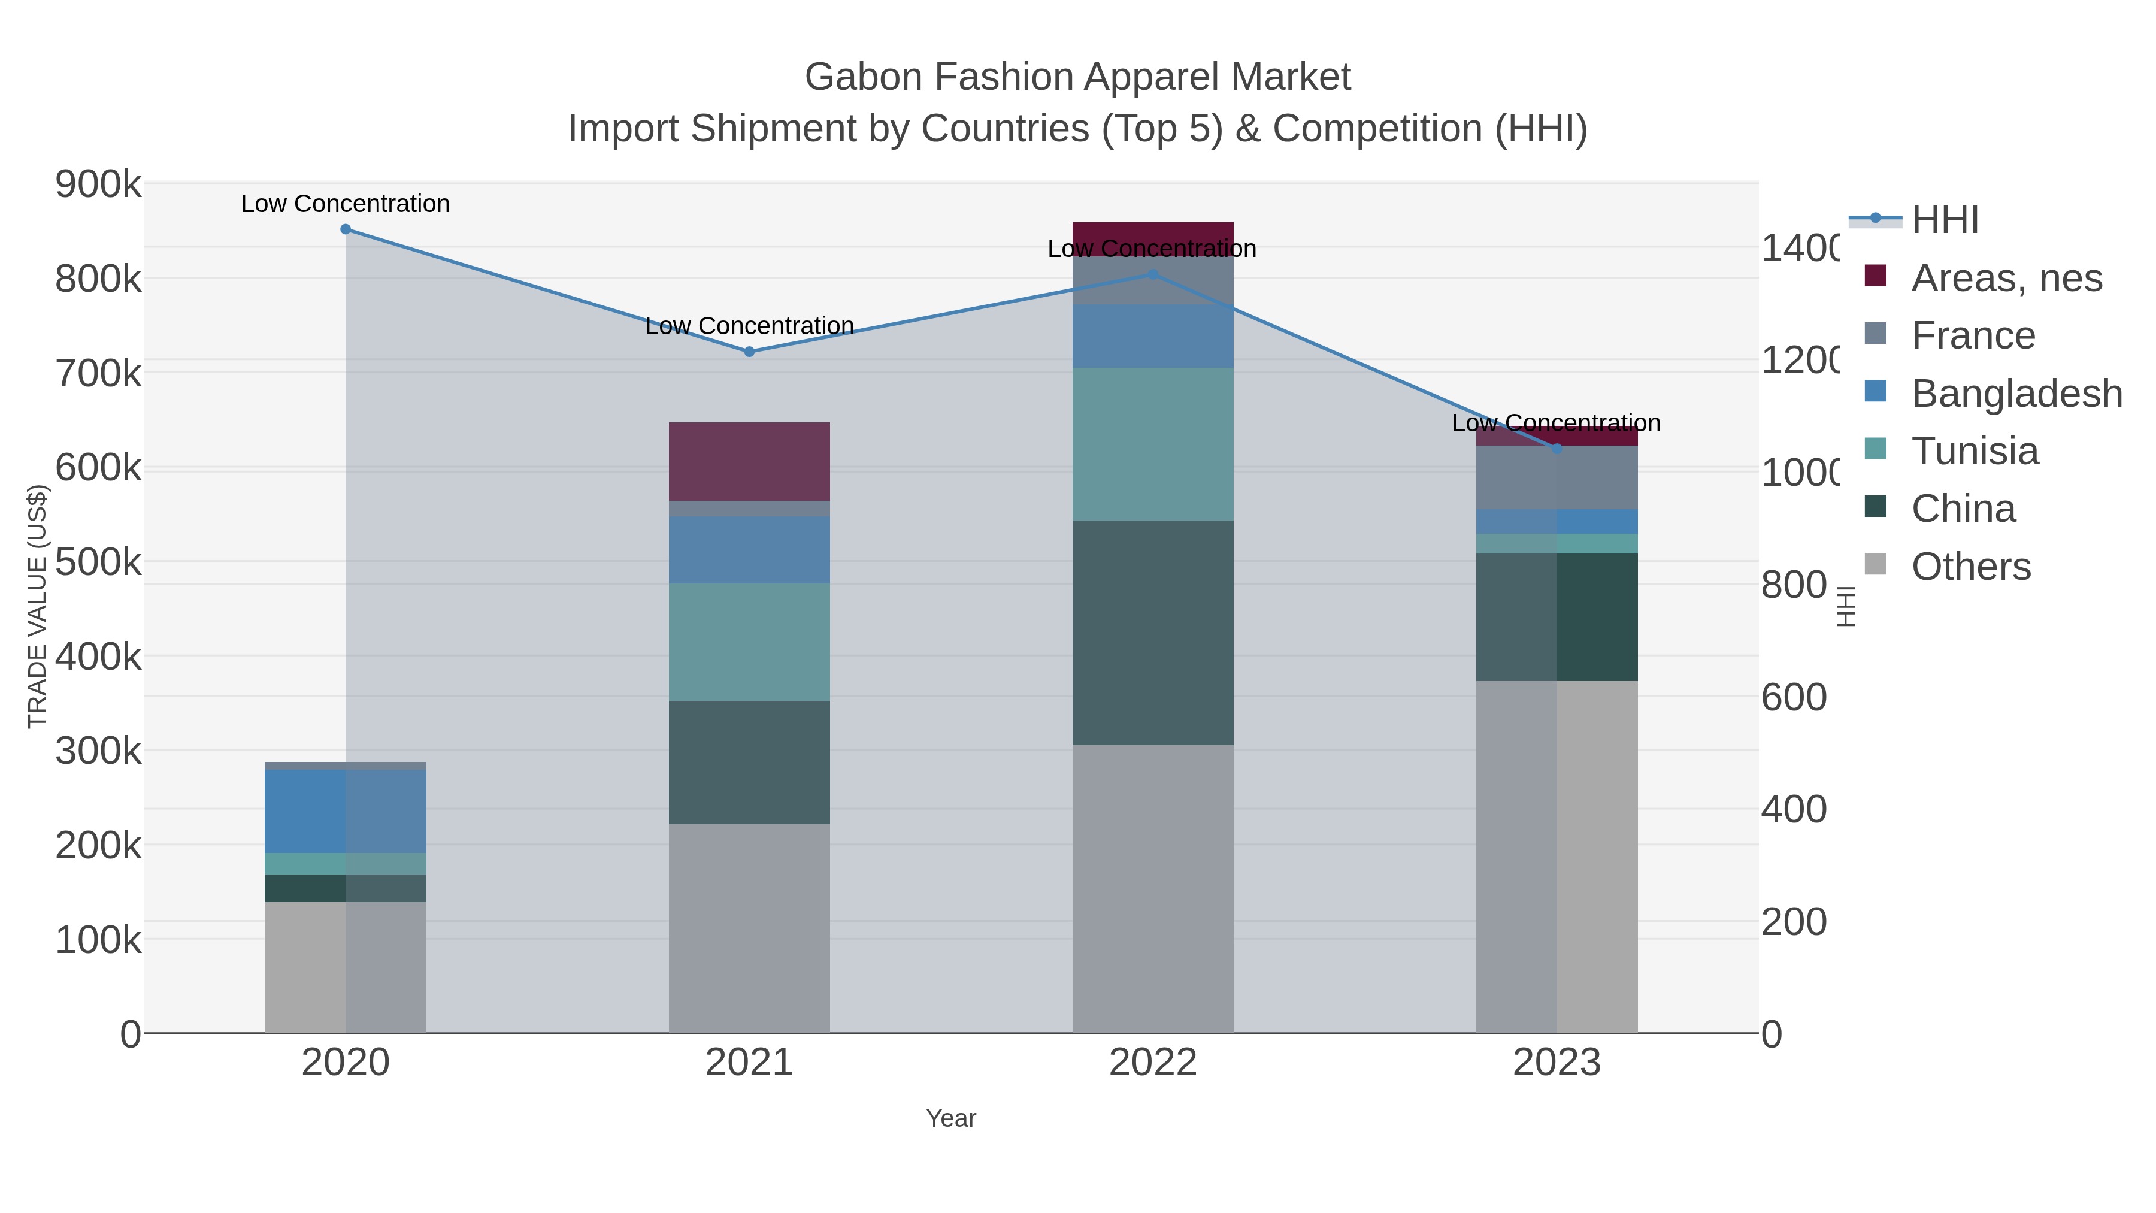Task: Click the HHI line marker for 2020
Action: [346, 229]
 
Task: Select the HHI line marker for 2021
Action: [749, 352]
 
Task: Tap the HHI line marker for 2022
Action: [1152, 274]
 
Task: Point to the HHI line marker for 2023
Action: [1557, 449]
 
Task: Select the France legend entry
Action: [1973, 335]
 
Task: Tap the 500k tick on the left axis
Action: [98, 562]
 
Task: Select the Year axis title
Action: [951, 1118]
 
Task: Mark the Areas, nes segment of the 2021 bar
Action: [749, 461]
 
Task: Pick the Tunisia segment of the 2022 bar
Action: [1152, 444]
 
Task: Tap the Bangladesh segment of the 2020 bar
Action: [346, 811]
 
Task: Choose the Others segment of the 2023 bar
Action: [1557, 857]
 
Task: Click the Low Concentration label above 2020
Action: [346, 204]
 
